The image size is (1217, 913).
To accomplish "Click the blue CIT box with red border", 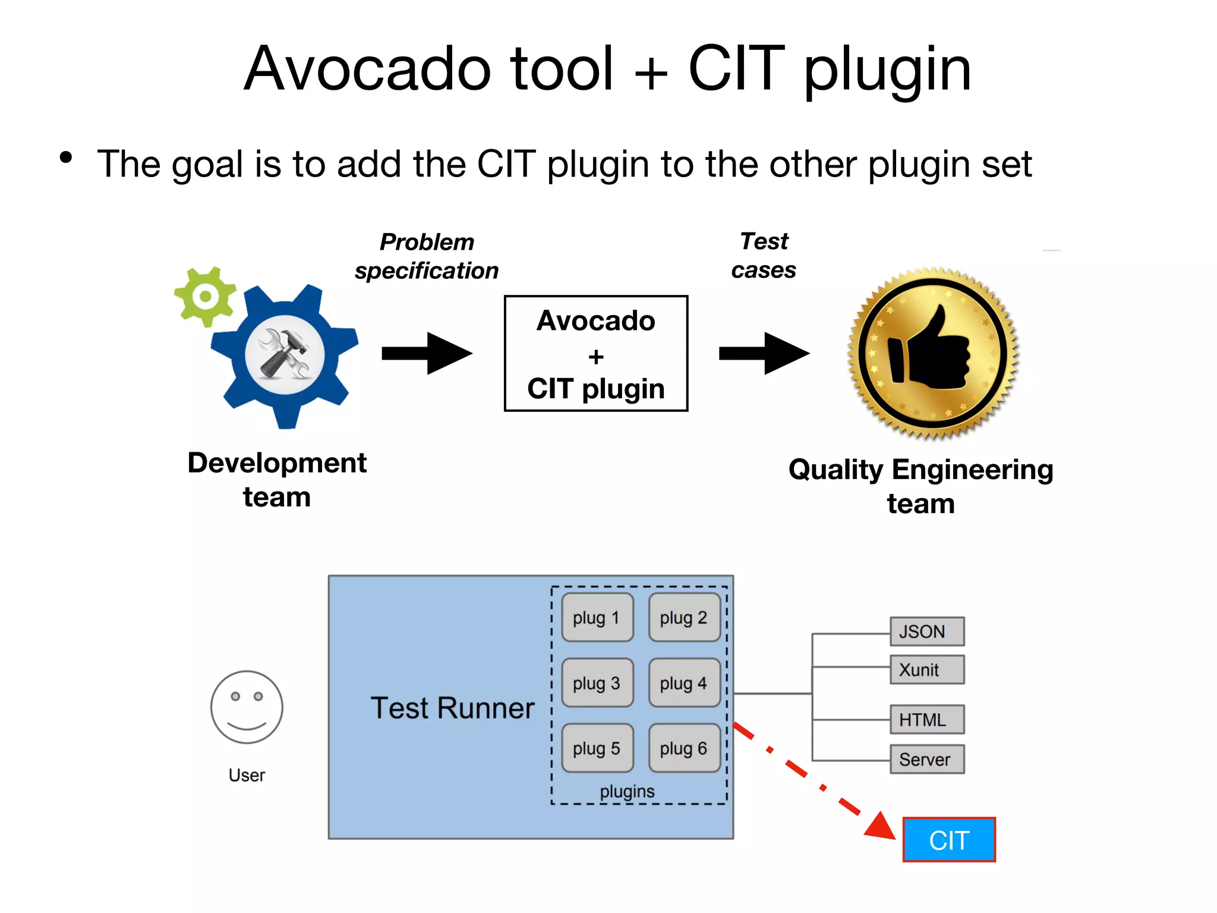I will click(948, 839).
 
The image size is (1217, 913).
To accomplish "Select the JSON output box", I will click(926, 631).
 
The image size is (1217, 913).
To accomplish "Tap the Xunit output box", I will click(926, 670).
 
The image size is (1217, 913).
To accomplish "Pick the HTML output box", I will click(926, 720).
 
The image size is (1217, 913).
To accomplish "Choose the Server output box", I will click(926, 759).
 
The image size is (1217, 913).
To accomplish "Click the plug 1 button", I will click(597, 618).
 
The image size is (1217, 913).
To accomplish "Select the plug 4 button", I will click(684, 683).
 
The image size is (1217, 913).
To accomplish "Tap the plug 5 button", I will click(597, 748).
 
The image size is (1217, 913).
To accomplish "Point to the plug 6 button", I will click(684, 748).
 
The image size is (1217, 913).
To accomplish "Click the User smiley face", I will click(247, 707).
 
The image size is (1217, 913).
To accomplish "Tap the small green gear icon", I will click(205, 296).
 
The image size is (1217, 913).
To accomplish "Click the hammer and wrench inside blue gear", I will click(285, 355).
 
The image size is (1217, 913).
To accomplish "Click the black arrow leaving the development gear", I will click(426, 354).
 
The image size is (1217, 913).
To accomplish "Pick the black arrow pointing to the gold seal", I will click(764, 354).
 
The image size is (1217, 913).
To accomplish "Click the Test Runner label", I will click(452, 708).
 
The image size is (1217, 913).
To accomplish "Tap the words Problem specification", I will click(427, 256).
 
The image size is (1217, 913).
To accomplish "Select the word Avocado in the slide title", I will click(368, 69).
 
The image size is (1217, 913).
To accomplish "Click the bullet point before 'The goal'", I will click(66, 158).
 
